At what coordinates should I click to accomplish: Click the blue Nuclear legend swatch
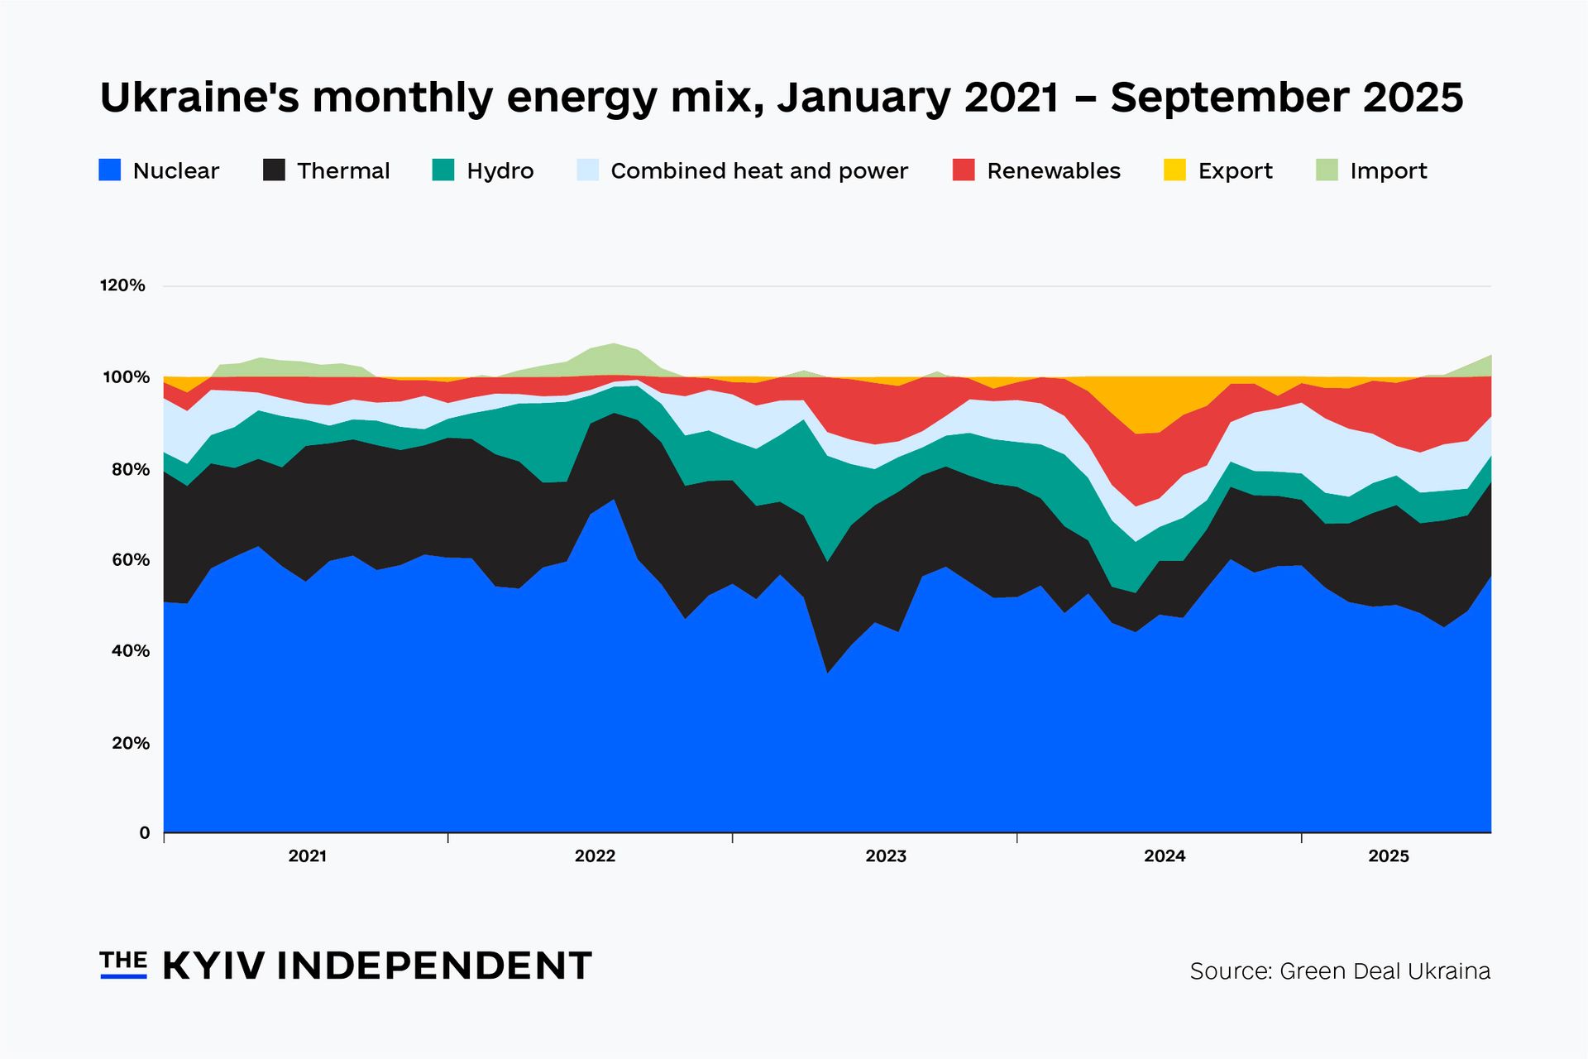[x=110, y=170]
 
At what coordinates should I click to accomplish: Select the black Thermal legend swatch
[x=274, y=170]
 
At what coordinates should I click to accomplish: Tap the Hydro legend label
[x=500, y=171]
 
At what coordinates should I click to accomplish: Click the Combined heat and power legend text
[x=758, y=171]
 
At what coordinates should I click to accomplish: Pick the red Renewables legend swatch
[x=964, y=170]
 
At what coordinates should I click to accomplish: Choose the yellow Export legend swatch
[x=1174, y=170]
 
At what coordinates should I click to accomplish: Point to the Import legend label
[x=1388, y=171]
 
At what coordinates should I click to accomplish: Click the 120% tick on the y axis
[x=122, y=285]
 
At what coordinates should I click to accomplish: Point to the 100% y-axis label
[x=125, y=377]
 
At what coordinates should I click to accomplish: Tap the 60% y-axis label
[x=130, y=560]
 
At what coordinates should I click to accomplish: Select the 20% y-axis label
[x=130, y=743]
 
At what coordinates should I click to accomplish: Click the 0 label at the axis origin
[x=145, y=833]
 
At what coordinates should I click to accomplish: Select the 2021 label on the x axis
[x=307, y=856]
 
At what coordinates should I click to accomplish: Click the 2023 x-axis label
[x=885, y=856]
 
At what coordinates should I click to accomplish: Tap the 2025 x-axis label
[x=1388, y=856]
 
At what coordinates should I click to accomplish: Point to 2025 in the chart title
[x=1413, y=98]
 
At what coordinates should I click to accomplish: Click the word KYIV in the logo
[x=213, y=966]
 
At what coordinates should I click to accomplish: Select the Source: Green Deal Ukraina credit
[x=1339, y=970]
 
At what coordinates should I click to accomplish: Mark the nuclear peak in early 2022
[x=613, y=501]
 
